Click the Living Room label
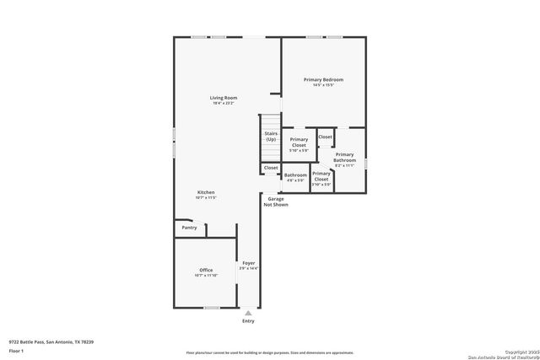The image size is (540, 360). (224, 98)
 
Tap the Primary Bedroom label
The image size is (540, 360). (323, 79)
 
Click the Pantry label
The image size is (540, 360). (189, 227)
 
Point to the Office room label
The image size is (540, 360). (206, 270)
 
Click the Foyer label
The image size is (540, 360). (248, 263)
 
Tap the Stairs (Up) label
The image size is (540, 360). (270, 136)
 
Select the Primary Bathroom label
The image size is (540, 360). (344, 157)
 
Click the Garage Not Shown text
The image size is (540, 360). (275, 201)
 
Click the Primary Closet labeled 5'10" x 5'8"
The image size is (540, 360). (299, 142)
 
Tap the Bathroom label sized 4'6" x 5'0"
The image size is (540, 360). (295, 175)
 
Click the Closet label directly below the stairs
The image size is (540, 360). (271, 168)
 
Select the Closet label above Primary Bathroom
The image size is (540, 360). (325, 137)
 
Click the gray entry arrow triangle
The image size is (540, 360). (248, 313)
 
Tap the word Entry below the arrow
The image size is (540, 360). (248, 321)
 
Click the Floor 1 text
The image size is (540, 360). (16, 350)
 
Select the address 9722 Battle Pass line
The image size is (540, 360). (51, 341)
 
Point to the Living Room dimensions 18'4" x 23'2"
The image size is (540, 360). (224, 104)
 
